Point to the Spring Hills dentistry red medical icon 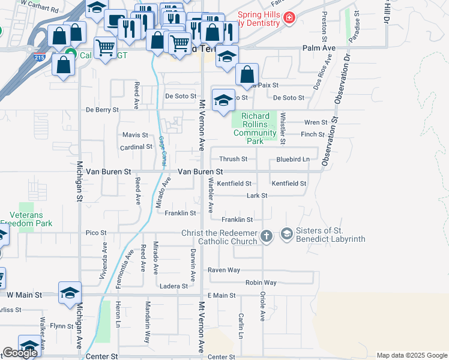[x=289, y=19]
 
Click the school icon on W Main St [x=70, y=293]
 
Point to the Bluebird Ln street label [x=292, y=159]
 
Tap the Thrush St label [x=233, y=159]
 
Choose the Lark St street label [x=256, y=196]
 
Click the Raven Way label [x=224, y=271]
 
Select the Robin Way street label [x=261, y=283]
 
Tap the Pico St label [x=96, y=232]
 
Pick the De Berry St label [x=103, y=110]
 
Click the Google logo [x=20, y=353]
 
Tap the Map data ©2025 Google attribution [x=411, y=355]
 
